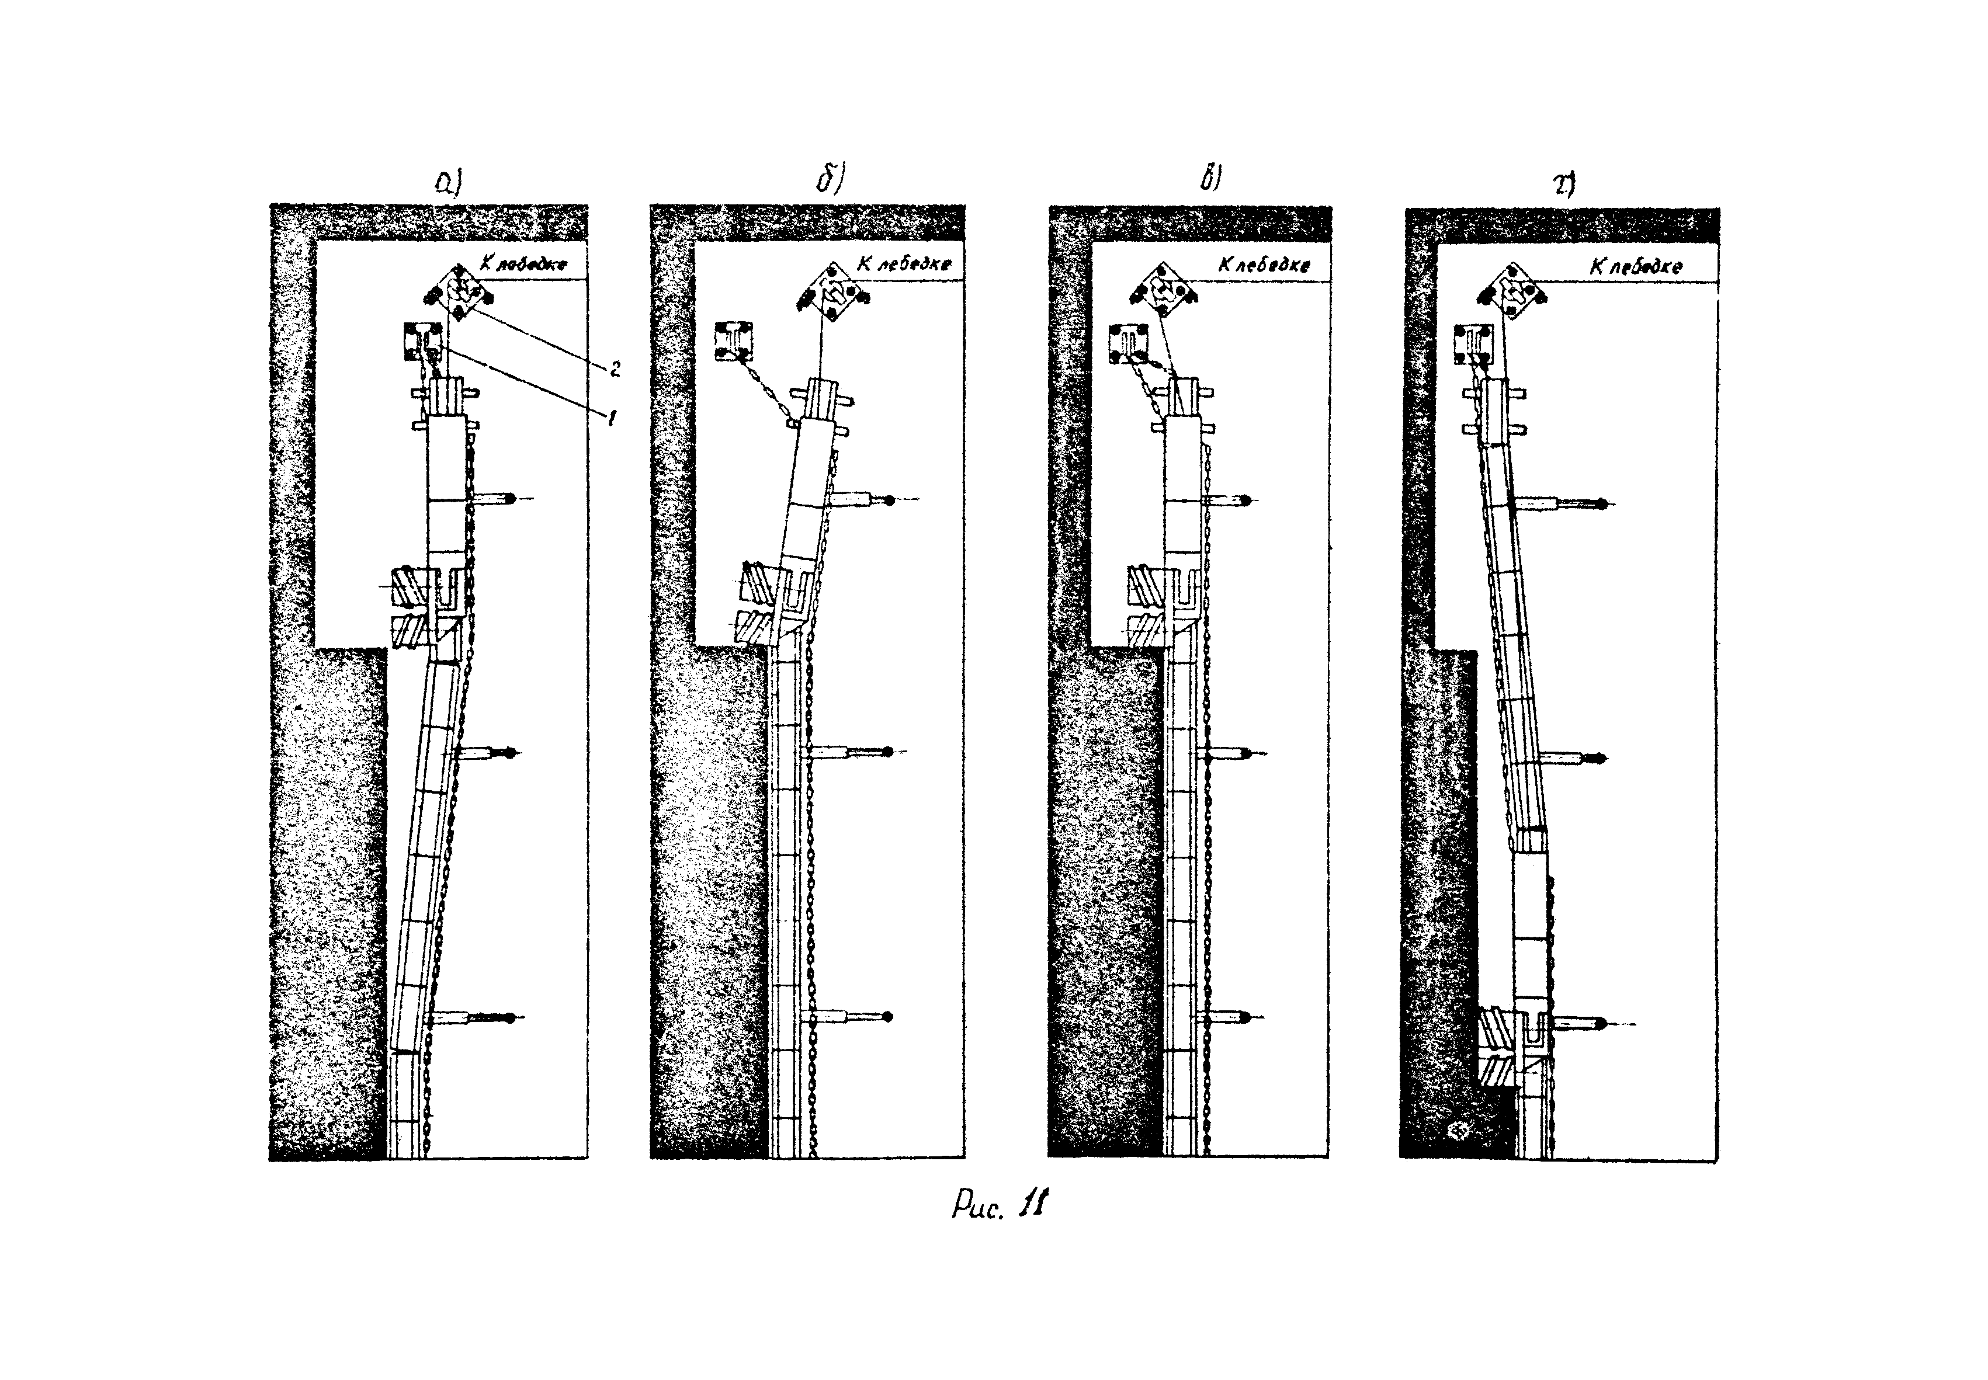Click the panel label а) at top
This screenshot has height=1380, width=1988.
(450, 183)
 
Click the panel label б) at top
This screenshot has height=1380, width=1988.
(831, 180)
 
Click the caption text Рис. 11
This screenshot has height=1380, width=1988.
(1000, 1204)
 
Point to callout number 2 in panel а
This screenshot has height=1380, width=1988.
(615, 369)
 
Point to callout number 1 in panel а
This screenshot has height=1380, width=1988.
(612, 419)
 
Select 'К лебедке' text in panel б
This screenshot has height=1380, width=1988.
(904, 264)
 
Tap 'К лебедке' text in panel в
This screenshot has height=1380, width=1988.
(1264, 265)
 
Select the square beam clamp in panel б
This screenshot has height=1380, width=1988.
(733, 340)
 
